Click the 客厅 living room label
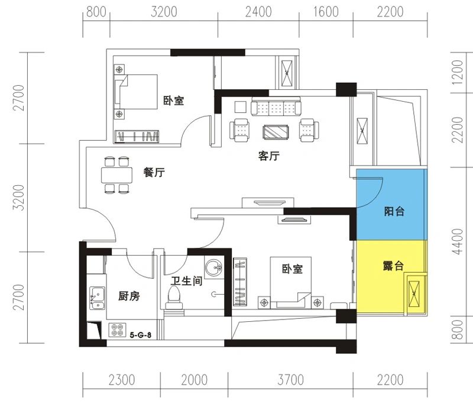268,157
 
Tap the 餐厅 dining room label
154,173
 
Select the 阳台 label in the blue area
394,211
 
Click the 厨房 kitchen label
129,296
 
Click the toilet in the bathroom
175,296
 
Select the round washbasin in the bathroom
213,267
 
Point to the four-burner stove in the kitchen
116,330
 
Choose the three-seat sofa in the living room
274,107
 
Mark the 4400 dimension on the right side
456,242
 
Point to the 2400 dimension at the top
258,12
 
